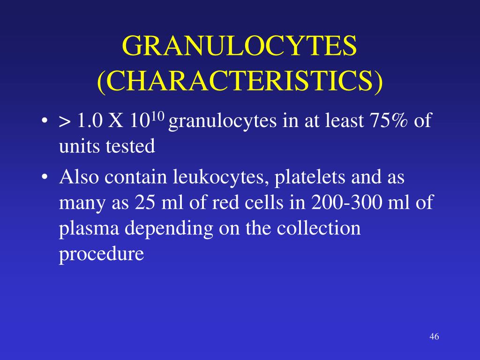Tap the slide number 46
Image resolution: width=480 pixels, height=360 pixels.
coord(434,337)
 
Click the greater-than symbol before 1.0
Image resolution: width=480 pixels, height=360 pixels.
coord(64,123)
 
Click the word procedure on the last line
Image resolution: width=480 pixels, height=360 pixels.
coord(101,254)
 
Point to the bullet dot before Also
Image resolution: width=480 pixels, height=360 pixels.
coord(45,179)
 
